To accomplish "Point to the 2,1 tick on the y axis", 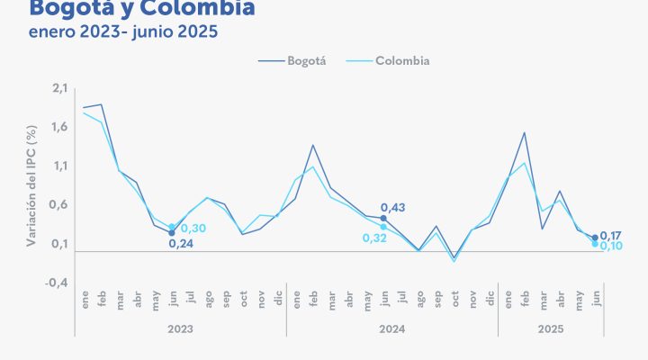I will (60, 87).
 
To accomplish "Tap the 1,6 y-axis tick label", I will (60, 127).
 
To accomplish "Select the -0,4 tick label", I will (58, 283).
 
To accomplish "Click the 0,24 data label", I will (181, 243).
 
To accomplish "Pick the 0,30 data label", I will (193, 229).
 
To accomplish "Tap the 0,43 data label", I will (393, 208).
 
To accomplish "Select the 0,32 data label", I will (374, 238).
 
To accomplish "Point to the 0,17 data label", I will (612, 235).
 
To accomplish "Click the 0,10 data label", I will (612, 246).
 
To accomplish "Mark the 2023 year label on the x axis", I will (180, 329).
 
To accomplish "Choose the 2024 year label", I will (391, 329).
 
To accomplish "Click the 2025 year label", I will (551, 329).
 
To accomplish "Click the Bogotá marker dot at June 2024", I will (383, 218).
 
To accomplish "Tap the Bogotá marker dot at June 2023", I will (172, 233).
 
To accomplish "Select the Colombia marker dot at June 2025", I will (595, 244).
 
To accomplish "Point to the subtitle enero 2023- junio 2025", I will (123, 31).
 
